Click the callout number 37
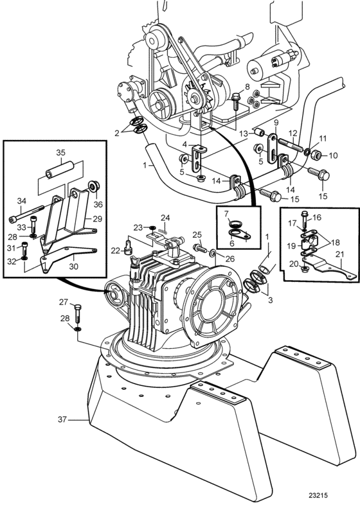[x=62, y=419]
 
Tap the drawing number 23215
[x=318, y=495]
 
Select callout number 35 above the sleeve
[x=61, y=152]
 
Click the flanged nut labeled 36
[x=94, y=187]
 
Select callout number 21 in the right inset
[x=339, y=254]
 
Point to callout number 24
[x=165, y=217]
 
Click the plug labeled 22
[x=127, y=245]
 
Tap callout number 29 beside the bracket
[x=97, y=218]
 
